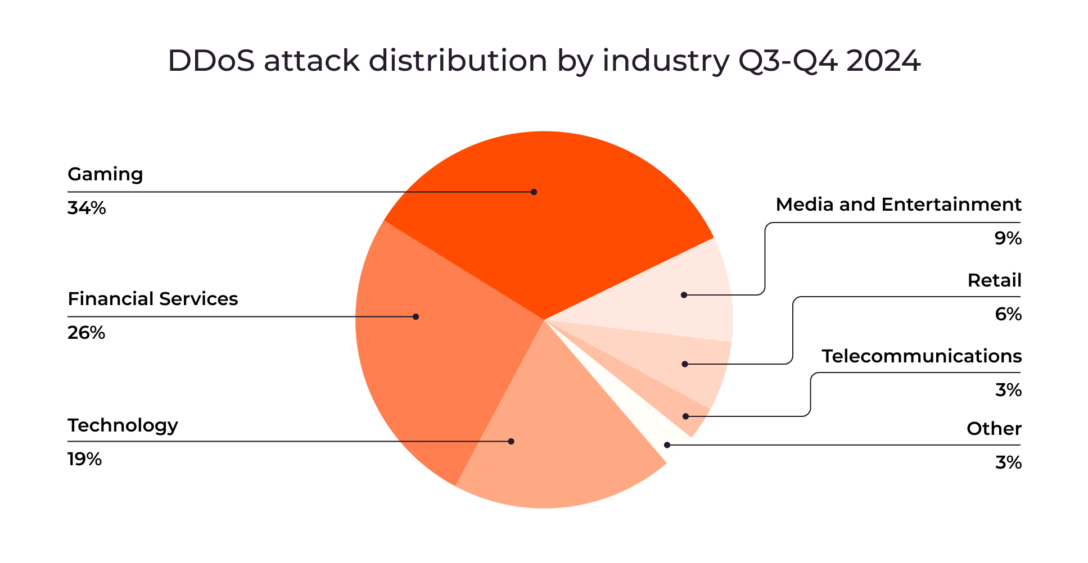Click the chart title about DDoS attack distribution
tap(544, 61)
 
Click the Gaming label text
tap(105, 175)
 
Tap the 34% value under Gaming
tap(87, 208)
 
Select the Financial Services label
tap(153, 299)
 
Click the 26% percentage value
tap(87, 333)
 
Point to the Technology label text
tap(123, 426)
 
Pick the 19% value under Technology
tap(84, 460)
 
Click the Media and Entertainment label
tap(899, 205)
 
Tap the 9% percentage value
tap(1008, 239)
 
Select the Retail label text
tap(994, 280)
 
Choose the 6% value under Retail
tap(1008, 314)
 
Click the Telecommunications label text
tap(922, 356)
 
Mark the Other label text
tap(994, 429)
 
